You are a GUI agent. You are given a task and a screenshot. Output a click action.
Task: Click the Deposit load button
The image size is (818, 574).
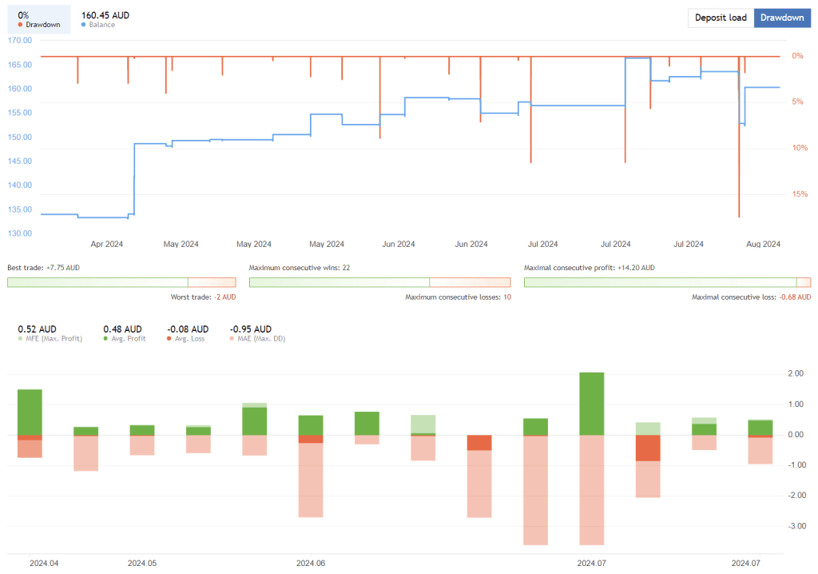[721, 18]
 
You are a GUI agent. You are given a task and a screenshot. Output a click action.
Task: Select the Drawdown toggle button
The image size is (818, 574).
[781, 18]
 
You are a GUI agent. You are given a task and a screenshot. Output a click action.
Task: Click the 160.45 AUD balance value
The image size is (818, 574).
[105, 15]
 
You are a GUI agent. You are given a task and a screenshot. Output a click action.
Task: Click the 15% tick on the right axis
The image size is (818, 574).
[797, 194]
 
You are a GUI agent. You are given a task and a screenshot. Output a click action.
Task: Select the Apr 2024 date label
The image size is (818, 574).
[107, 245]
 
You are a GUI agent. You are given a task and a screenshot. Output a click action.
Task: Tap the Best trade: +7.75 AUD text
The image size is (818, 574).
[43, 268]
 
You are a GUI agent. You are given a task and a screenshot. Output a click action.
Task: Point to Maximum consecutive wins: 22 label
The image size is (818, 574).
[300, 268]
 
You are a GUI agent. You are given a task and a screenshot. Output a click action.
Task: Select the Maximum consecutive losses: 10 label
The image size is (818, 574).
[458, 297]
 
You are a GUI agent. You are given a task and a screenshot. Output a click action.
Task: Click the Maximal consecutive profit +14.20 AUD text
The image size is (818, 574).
[589, 268]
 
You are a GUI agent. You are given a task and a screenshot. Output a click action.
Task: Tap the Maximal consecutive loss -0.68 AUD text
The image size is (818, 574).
[751, 297]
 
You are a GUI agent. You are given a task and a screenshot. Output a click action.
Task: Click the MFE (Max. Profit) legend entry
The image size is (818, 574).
[50, 339]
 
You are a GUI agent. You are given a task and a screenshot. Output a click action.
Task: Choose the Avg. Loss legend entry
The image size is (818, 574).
[186, 339]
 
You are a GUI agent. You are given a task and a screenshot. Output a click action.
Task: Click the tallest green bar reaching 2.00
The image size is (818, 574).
[592, 404]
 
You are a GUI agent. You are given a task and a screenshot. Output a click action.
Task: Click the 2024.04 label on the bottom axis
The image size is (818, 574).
[44, 563]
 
